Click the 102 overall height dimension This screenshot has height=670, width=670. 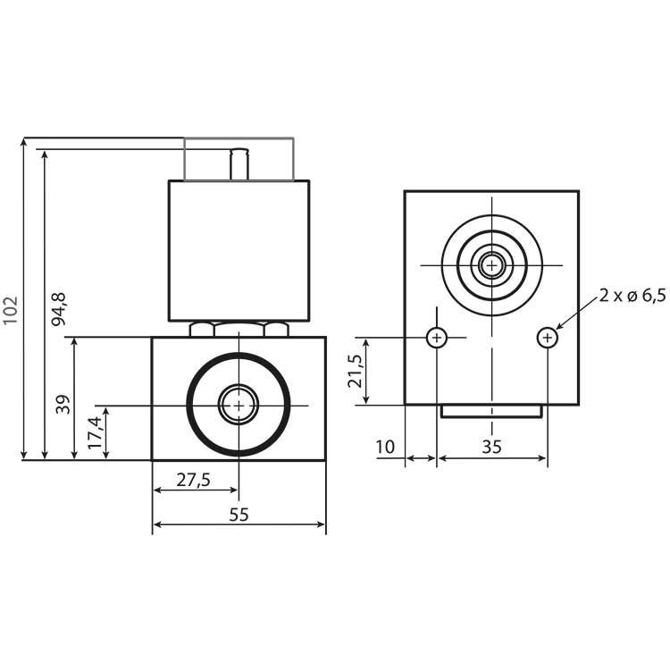(x=11, y=310)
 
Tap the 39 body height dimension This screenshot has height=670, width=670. (x=62, y=405)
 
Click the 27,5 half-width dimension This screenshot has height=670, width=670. (x=193, y=480)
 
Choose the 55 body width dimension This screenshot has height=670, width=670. (x=239, y=515)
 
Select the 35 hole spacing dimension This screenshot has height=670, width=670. (x=491, y=447)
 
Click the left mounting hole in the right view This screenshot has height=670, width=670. (x=437, y=338)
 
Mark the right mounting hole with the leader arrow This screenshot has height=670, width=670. (x=547, y=338)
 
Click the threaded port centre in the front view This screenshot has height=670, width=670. (x=239, y=406)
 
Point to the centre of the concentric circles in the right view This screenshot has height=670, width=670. (x=491, y=264)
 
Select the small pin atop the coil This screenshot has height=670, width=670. (x=239, y=164)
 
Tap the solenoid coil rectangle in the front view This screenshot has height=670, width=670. (x=239, y=250)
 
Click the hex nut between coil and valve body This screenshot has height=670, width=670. (x=239, y=329)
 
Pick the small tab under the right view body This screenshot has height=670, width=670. (x=491, y=411)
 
